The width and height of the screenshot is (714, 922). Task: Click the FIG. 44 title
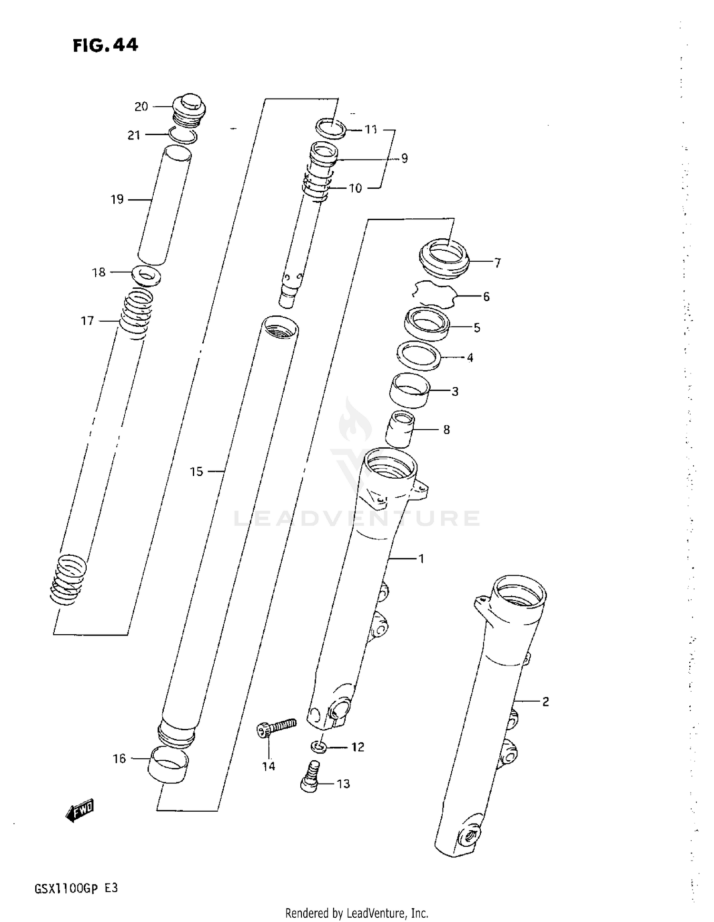coord(105,45)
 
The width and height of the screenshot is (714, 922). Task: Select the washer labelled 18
coord(146,275)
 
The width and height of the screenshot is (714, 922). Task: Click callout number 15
coord(197,471)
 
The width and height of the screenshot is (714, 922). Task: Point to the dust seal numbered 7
coord(444,259)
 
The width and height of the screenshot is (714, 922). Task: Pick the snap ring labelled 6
coord(434,294)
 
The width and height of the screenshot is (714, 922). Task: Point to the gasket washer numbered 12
coord(318,746)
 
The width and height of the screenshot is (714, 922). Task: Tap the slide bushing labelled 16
coord(169,764)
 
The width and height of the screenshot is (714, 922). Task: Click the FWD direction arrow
coord(80,809)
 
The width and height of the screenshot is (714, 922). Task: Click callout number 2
coord(545,701)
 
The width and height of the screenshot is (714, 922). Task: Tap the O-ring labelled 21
coord(183,136)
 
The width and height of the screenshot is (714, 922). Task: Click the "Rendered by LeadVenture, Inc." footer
coord(357,913)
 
